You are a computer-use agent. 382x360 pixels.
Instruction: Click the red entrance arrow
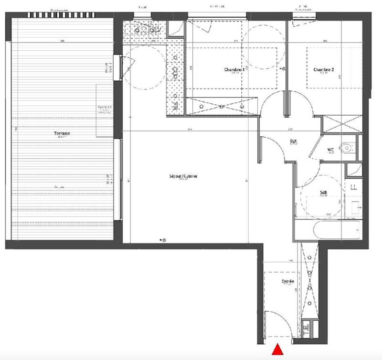click(277, 350)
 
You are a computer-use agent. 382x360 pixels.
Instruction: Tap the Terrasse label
click(62, 134)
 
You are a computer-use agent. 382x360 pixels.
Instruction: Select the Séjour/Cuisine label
click(182, 176)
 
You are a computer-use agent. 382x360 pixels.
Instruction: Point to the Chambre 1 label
click(234, 70)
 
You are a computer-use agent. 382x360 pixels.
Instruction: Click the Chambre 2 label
click(324, 70)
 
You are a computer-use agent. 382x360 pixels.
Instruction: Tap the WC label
click(330, 150)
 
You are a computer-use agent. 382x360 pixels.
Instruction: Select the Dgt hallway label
click(294, 141)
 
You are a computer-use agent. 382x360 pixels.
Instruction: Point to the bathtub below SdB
click(328, 230)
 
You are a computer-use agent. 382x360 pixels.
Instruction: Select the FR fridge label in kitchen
click(175, 105)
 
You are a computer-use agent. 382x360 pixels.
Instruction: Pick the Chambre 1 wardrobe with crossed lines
click(223, 105)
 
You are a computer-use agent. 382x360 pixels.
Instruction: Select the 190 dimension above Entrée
click(290, 261)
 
